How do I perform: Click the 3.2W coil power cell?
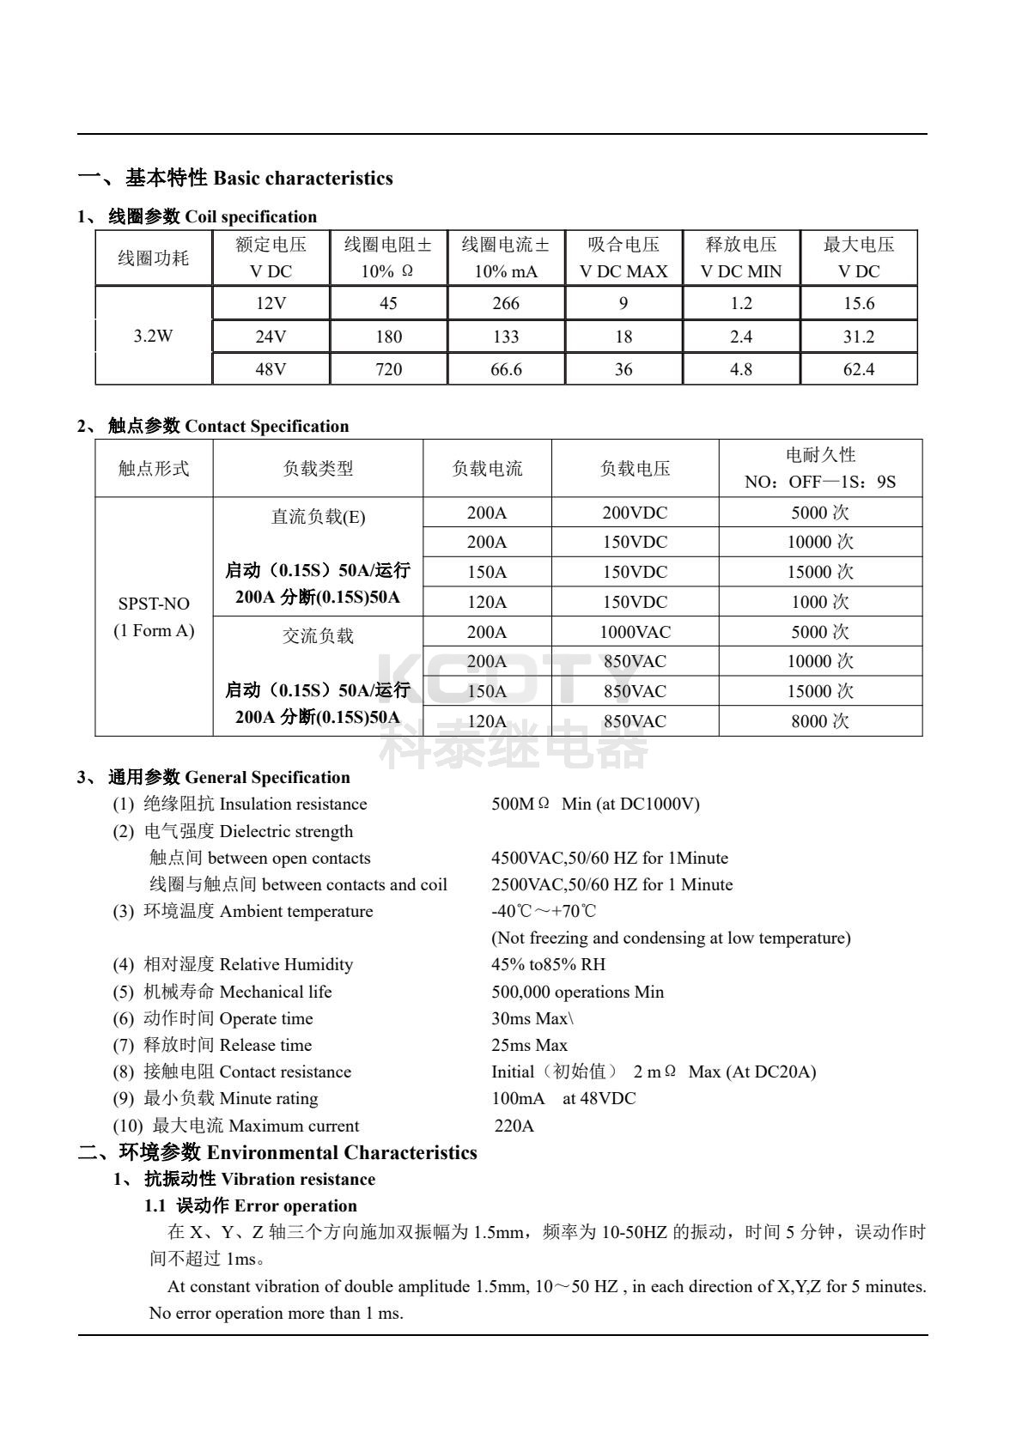point(153,336)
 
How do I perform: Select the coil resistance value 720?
point(388,369)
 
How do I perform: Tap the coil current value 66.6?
point(506,369)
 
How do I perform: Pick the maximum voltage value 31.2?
point(858,337)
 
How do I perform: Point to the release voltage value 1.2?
point(740,303)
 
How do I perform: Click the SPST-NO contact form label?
point(154,604)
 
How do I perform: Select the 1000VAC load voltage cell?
point(635,632)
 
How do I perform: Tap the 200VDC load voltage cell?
point(635,513)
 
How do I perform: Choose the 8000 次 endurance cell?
point(820,721)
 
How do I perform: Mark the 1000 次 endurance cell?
point(820,602)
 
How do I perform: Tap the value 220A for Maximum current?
point(514,1126)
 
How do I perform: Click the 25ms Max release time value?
point(529,1045)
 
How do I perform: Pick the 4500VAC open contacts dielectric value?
point(609,858)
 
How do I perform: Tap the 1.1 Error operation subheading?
point(250,1205)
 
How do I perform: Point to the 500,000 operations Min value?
point(577,992)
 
